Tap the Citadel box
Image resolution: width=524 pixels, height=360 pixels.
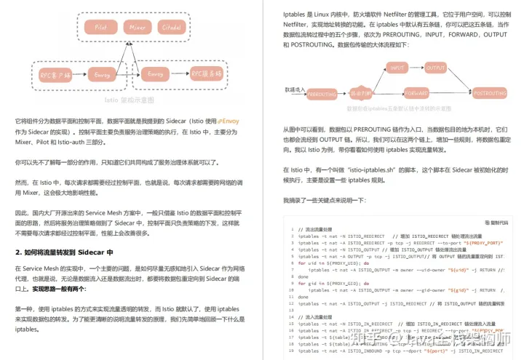click(172, 27)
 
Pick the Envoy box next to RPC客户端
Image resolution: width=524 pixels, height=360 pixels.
click(101, 73)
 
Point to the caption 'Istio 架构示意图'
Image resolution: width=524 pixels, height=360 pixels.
click(130, 100)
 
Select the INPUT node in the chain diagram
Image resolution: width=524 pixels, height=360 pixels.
click(397, 67)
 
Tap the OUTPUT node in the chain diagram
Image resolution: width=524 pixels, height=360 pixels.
click(435, 67)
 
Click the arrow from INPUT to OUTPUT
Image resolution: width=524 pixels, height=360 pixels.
click(416, 67)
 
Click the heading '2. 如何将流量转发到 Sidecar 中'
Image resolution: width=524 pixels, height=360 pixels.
click(64, 252)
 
